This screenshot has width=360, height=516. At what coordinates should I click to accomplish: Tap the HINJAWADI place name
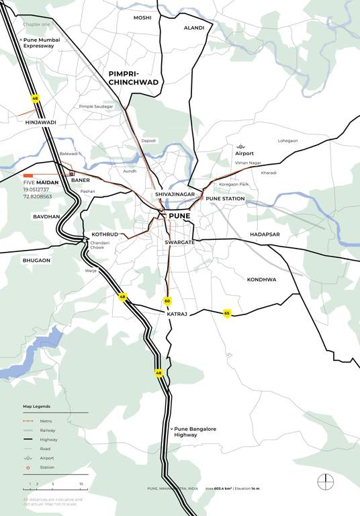(40, 122)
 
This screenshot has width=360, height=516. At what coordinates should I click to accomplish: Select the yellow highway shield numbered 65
(227, 312)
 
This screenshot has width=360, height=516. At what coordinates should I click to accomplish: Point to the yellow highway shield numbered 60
(167, 300)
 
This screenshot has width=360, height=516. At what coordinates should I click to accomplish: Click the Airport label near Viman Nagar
(244, 153)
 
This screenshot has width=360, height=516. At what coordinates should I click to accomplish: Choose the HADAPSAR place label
(265, 234)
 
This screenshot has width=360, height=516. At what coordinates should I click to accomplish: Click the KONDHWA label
(262, 279)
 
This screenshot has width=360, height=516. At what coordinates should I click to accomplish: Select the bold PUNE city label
(179, 216)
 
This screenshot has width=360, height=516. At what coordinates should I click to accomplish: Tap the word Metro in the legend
(46, 421)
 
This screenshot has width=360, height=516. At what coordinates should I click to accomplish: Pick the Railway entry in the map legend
(48, 430)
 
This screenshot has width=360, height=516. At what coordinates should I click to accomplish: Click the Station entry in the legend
(47, 468)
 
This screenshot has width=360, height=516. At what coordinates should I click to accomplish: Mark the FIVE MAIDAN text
(42, 182)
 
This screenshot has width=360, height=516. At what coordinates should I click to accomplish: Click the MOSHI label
(142, 17)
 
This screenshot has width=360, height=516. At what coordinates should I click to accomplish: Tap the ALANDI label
(194, 28)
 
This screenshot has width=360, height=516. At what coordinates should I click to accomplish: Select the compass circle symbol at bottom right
(326, 482)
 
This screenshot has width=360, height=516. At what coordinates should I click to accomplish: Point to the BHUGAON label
(36, 260)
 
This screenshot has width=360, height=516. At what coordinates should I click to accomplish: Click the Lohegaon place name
(287, 140)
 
